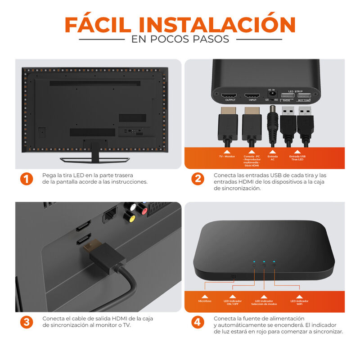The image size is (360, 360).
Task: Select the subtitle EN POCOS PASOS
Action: pos(180,39)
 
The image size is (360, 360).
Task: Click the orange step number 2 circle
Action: pos(198,179)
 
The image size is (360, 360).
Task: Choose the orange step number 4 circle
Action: pos(198,322)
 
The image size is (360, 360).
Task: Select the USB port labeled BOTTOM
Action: pos(304,96)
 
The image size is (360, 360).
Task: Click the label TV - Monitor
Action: pos(227,157)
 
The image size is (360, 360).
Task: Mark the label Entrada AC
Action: pos(272,158)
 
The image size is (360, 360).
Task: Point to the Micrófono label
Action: pos(205,301)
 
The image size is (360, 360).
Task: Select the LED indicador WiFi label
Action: pos(299,302)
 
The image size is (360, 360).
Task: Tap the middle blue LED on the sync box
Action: pos(264,261)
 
